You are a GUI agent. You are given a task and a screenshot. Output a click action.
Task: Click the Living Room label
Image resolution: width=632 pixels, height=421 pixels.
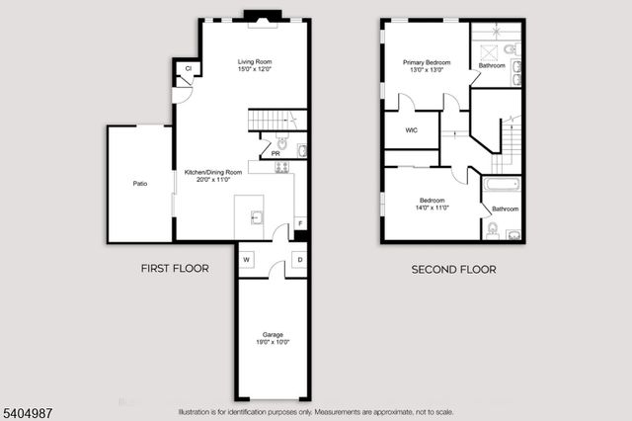[255, 62]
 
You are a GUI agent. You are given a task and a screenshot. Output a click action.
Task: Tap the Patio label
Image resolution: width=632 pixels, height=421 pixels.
[140, 183]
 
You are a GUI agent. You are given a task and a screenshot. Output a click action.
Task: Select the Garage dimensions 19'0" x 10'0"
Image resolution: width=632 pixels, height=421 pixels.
[273, 342]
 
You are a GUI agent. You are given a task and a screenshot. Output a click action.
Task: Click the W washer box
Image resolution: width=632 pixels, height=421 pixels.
[246, 260]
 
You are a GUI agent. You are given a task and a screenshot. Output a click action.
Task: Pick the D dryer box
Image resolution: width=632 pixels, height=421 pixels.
[299, 260]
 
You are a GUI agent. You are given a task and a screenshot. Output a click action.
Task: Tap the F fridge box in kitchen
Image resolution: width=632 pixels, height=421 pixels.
[300, 223]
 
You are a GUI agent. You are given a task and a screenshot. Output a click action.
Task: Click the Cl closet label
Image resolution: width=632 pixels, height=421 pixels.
[187, 68]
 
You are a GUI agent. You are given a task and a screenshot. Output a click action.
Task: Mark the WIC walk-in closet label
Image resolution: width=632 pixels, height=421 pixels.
[410, 129]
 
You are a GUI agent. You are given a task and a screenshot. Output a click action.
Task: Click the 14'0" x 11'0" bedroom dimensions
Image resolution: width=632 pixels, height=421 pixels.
[432, 208]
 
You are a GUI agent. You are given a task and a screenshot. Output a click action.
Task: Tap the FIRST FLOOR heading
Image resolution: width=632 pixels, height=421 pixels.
[174, 268]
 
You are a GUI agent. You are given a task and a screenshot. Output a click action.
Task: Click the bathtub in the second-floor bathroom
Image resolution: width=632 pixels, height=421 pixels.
[504, 184]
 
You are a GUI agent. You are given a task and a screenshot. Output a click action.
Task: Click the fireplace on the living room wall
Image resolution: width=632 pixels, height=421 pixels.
[262, 16]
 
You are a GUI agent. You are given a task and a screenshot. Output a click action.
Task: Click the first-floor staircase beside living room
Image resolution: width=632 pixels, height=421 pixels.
[276, 121]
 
